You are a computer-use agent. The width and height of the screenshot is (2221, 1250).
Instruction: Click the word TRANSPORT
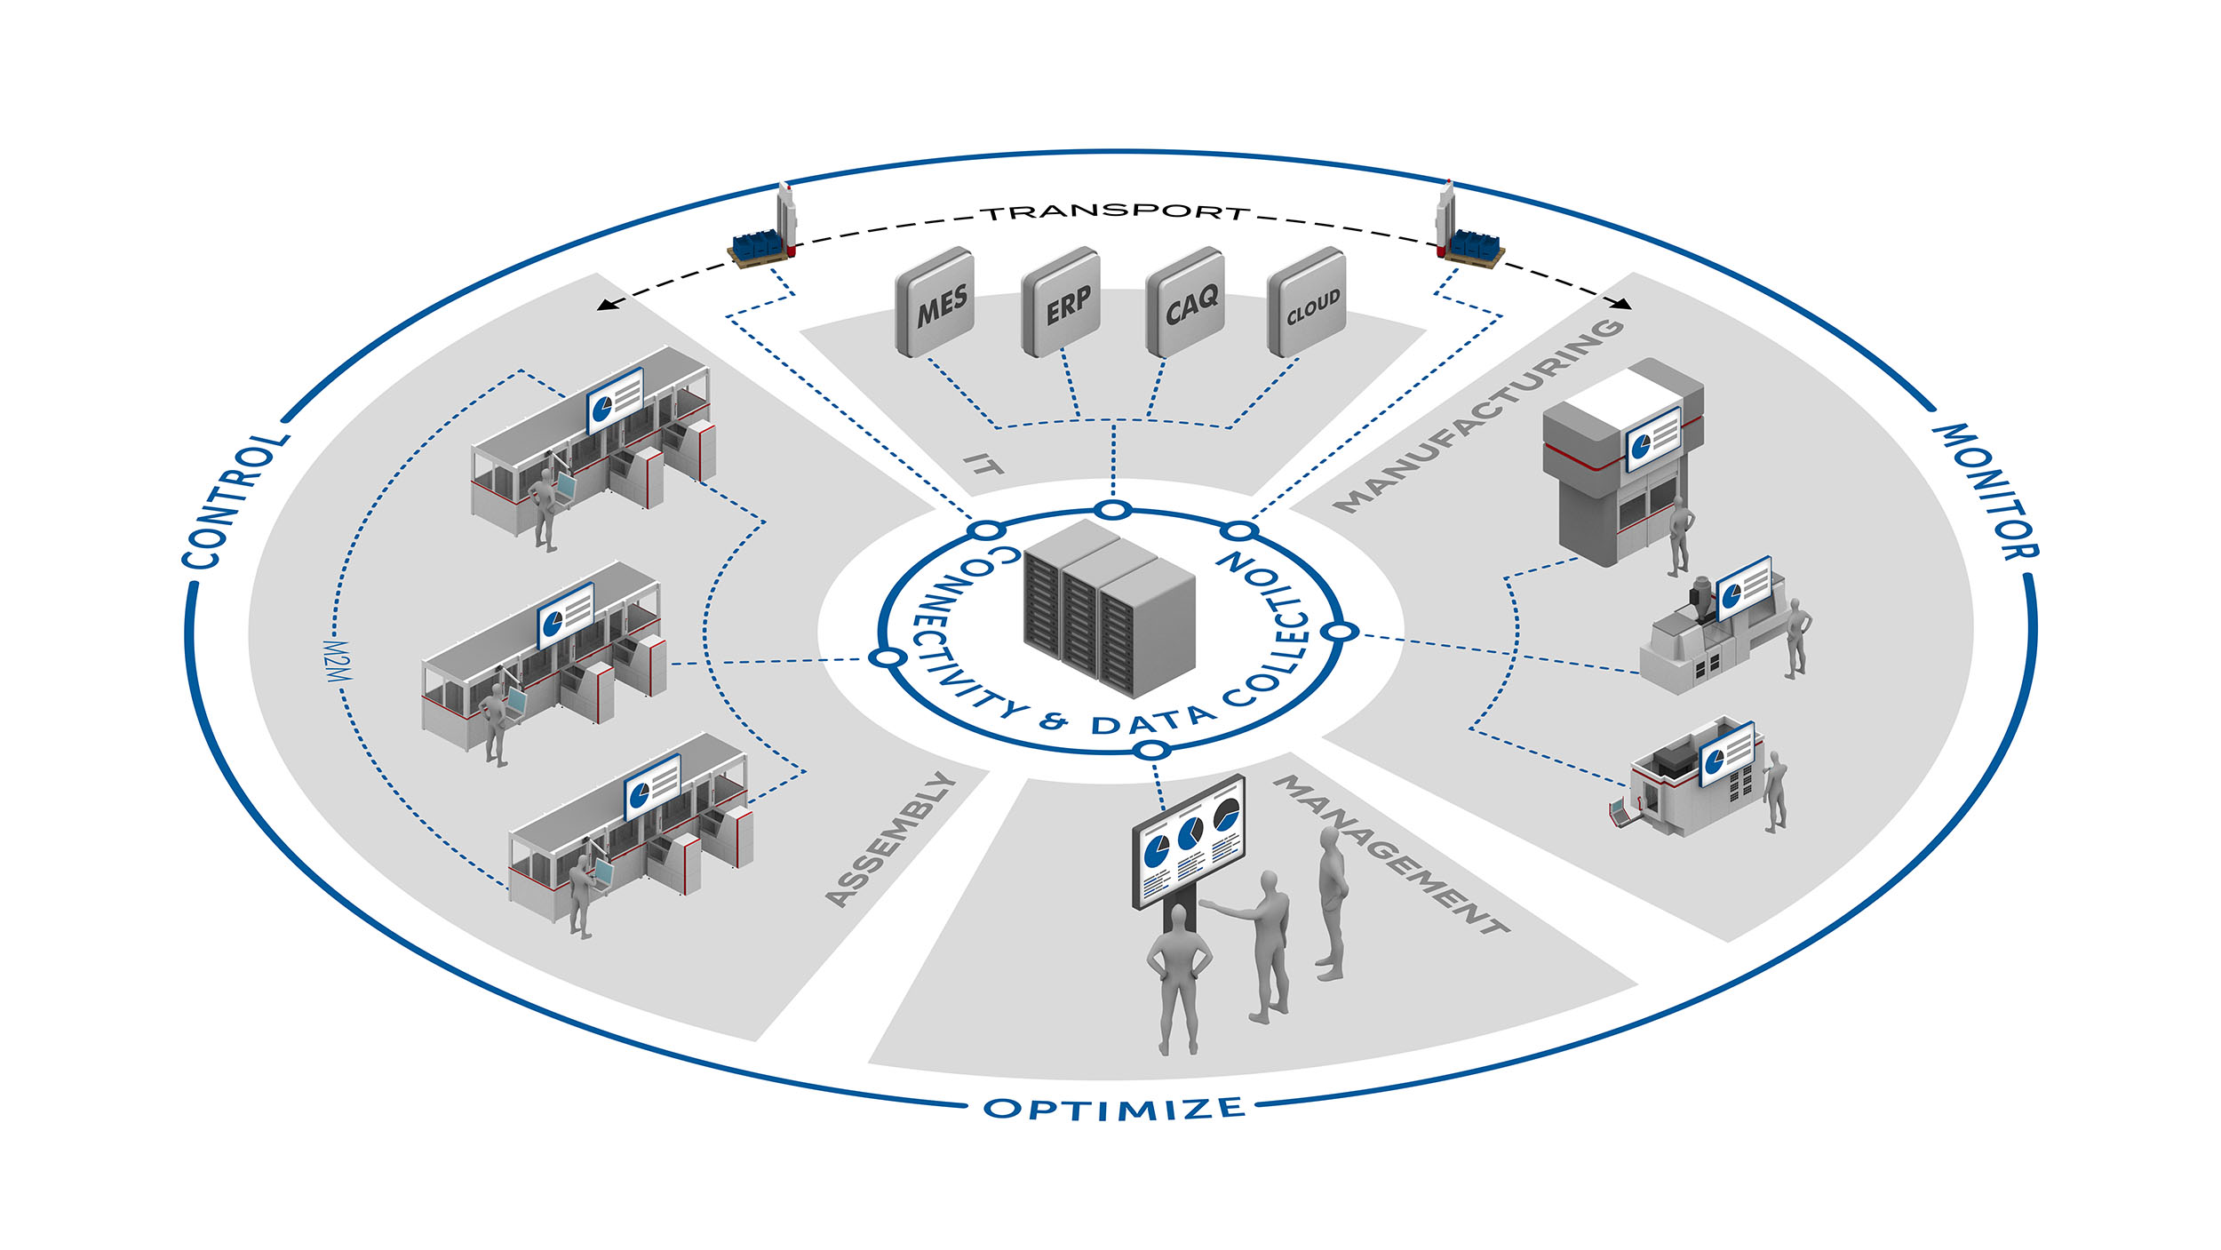point(1116,212)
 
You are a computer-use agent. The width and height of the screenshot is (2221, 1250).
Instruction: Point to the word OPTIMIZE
point(1114,1108)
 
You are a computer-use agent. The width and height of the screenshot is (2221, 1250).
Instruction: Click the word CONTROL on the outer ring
point(235,501)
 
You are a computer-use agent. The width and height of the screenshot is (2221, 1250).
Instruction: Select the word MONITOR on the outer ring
point(1986,490)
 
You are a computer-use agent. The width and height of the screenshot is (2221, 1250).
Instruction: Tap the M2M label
point(338,661)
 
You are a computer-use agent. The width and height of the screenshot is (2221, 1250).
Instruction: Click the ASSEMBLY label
point(890,839)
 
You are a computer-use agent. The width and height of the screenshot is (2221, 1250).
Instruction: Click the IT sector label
point(983,463)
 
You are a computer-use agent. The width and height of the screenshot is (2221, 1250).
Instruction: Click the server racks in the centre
point(1110,608)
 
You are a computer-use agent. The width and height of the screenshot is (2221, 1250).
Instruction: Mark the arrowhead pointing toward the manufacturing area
point(1623,304)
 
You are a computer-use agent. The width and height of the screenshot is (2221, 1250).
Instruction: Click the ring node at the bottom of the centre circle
point(1152,751)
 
